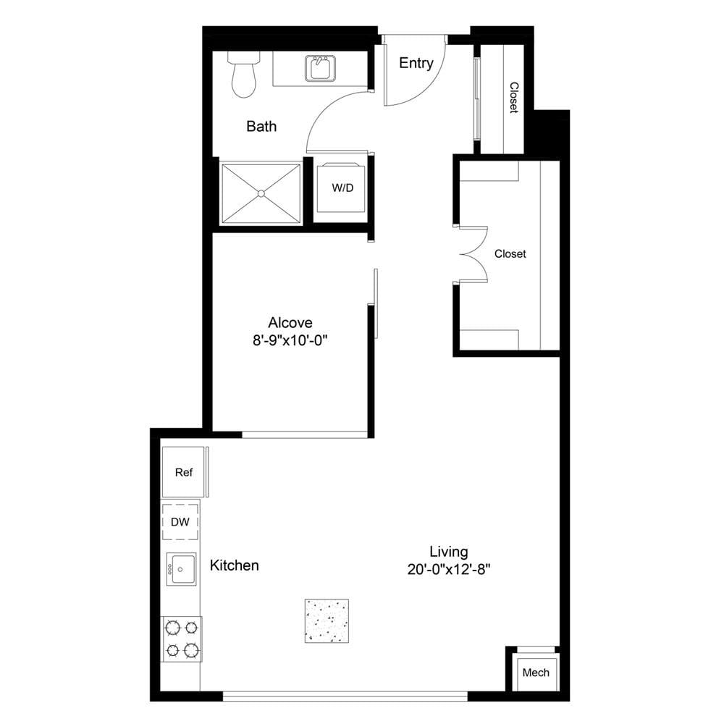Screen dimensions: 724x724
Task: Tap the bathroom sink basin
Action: [x=320, y=68]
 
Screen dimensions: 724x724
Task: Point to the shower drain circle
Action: [x=261, y=193]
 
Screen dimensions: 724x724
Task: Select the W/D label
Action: [x=342, y=188]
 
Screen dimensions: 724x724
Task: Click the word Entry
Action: [x=416, y=63]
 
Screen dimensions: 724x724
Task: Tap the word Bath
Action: [x=261, y=126]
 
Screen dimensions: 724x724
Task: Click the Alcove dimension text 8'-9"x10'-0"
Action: [x=290, y=341]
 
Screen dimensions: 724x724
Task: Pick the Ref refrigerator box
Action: [x=183, y=472]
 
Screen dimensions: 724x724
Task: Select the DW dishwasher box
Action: [x=180, y=522]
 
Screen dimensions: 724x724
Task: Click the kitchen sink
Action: [x=181, y=569]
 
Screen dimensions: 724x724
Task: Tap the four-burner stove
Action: [x=182, y=639]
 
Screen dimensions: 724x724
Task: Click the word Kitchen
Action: [x=234, y=565]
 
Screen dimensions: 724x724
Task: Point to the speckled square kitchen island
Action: [x=327, y=621]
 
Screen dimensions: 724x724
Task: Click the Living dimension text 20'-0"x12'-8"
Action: [x=449, y=569]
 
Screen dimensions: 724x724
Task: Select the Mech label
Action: [x=536, y=673]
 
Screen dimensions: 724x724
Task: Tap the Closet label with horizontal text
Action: [x=510, y=253]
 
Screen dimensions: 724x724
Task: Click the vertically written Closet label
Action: [x=514, y=98]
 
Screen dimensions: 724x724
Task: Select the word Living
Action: [x=449, y=552]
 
